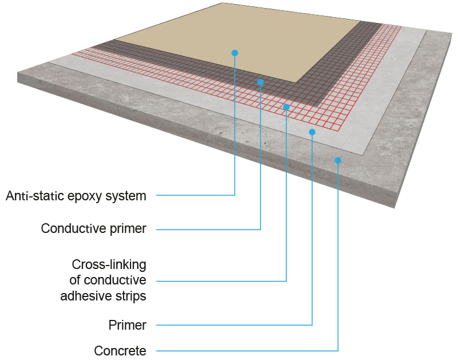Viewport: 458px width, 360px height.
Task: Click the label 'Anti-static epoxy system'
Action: tap(76, 196)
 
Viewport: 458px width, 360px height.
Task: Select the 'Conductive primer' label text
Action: tap(93, 229)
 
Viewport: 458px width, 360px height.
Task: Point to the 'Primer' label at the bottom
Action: tap(127, 326)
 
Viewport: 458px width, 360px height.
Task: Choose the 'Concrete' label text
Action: tap(120, 350)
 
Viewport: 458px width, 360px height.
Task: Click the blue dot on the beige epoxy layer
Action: tap(235, 53)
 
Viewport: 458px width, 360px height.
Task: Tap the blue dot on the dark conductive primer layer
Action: tap(260, 82)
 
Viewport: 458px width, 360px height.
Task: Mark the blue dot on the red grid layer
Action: tap(286, 107)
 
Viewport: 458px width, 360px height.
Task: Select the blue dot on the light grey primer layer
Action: tap(312, 132)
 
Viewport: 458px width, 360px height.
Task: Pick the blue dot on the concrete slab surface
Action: tap(338, 160)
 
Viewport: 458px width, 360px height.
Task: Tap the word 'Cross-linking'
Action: tap(109, 265)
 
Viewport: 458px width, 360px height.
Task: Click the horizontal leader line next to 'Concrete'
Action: tap(246, 350)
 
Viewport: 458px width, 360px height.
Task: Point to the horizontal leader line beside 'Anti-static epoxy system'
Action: tap(195, 196)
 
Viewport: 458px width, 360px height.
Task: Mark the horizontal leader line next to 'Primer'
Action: tap(235, 325)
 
